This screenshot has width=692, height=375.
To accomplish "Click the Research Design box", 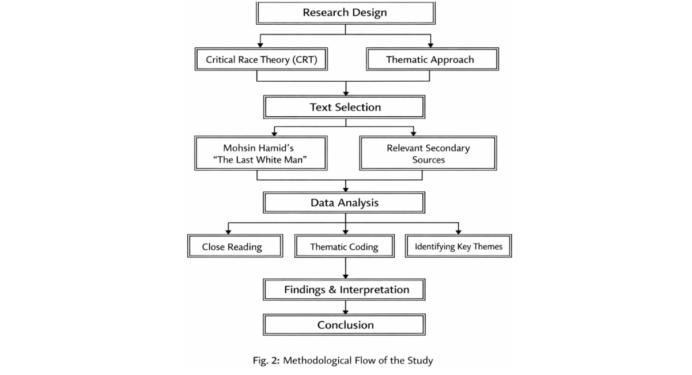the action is [x=345, y=13].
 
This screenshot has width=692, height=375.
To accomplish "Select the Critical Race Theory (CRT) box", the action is [x=261, y=59].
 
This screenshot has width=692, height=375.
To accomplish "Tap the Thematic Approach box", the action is [x=432, y=59].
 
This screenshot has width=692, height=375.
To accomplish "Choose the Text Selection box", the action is [x=344, y=107].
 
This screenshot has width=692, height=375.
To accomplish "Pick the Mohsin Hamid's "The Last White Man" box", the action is [x=261, y=153].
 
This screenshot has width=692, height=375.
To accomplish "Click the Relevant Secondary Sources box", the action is [x=428, y=153].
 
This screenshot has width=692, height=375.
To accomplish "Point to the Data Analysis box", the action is [x=344, y=203].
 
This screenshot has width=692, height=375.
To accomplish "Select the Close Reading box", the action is [x=235, y=246].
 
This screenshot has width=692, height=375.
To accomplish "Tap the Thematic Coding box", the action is [x=345, y=246].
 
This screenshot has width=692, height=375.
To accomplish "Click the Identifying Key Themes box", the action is [x=459, y=246].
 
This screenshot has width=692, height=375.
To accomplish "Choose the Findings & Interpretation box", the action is [x=344, y=289].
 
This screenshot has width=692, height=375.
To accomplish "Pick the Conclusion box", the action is [x=344, y=325].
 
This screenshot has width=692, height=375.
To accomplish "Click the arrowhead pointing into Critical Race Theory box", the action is [x=260, y=45].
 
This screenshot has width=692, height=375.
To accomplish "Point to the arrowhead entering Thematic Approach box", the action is [x=430, y=45].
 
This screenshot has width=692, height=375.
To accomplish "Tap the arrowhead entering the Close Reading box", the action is [x=228, y=232].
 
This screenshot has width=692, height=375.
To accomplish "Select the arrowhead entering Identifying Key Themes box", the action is [x=459, y=232].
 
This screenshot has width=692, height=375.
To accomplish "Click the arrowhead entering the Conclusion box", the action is [x=345, y=312].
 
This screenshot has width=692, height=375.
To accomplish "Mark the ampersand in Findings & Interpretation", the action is [x=332, y=290].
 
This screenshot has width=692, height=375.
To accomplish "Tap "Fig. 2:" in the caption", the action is [x=266, y=361].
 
